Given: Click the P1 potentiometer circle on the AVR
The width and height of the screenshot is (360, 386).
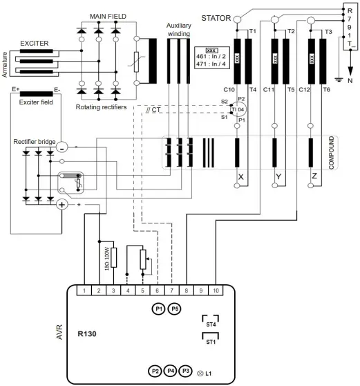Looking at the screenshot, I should click(x=158, y=309).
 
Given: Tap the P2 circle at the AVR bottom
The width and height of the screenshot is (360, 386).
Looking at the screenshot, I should click(x=155, y=371).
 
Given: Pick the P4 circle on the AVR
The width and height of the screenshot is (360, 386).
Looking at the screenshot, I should click(x=171, y=371).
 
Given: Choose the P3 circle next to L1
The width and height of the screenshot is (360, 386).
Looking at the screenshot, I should click(x=185, y=371).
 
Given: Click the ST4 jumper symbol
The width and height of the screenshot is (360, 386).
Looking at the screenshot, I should click(x=211, y=322).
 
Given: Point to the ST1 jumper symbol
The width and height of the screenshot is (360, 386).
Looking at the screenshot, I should click(x=211, y=340).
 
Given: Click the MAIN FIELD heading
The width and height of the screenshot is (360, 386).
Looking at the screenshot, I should click(x=108, y=16).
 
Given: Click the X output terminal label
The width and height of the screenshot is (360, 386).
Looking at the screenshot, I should click(x=240, y=178).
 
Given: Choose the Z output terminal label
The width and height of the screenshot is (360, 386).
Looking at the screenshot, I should click(x=314, y=178).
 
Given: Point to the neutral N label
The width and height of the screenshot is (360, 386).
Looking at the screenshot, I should click(x=350, y=80).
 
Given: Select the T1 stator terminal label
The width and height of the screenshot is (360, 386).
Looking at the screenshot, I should click(x=252, y=32).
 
